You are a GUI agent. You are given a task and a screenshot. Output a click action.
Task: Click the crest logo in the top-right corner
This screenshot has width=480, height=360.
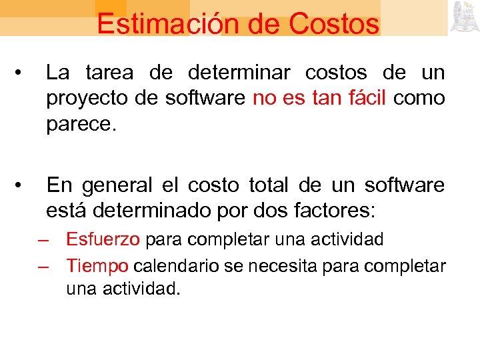(x=463, y=17)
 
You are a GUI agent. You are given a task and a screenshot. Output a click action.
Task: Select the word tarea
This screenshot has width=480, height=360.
(x=109, y=73)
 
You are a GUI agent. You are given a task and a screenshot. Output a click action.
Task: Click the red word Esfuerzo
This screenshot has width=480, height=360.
(x=103, y=239)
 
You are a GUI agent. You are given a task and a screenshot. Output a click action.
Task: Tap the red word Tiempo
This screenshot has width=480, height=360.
(x=97, y=266)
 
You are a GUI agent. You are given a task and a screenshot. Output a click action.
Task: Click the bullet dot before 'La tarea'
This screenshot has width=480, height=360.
(x=23, y=73)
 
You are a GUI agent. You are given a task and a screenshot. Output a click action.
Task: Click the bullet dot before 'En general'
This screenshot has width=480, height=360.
(x=23, y=185)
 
